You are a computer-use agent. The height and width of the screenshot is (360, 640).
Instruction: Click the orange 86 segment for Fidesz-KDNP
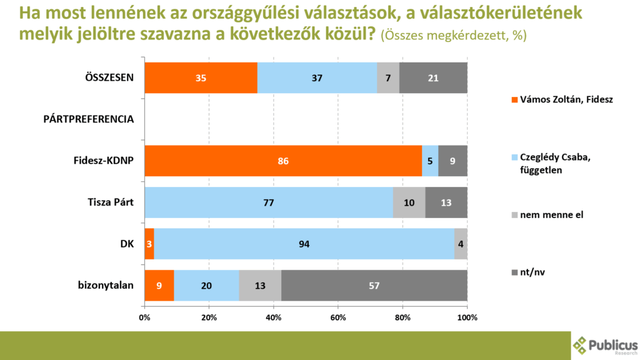click(x=283, y=161)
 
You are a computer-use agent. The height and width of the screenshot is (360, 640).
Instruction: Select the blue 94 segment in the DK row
click(x=304, y=244)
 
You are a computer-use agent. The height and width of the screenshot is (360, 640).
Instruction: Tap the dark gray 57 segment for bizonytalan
click(x=374, y=285)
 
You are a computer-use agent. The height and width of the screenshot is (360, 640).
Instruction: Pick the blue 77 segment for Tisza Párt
click(x=269, y=202)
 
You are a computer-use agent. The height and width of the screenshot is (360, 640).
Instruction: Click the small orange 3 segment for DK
click(x=149, y=244)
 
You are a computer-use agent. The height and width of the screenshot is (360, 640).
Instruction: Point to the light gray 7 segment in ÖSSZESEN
click(x=388, y=78)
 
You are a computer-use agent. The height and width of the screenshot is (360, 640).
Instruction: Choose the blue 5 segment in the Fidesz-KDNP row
click(x=430, y=161)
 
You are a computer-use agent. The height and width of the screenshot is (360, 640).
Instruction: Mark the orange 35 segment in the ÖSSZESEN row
click(x=201, y=78)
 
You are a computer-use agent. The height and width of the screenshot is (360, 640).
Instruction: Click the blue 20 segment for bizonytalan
click(x=206, y=285)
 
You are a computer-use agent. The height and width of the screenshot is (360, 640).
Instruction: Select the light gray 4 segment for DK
click(x=461, y=244)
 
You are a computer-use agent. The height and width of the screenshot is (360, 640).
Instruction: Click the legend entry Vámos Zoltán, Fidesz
click(x=551, y=99)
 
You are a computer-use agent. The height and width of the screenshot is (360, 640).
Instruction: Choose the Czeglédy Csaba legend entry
click(x=551, y=164)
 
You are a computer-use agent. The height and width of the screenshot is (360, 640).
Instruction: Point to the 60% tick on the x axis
click(x=338, y=317)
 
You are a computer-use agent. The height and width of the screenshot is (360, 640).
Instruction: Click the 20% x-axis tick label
click(x=209, y=317)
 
